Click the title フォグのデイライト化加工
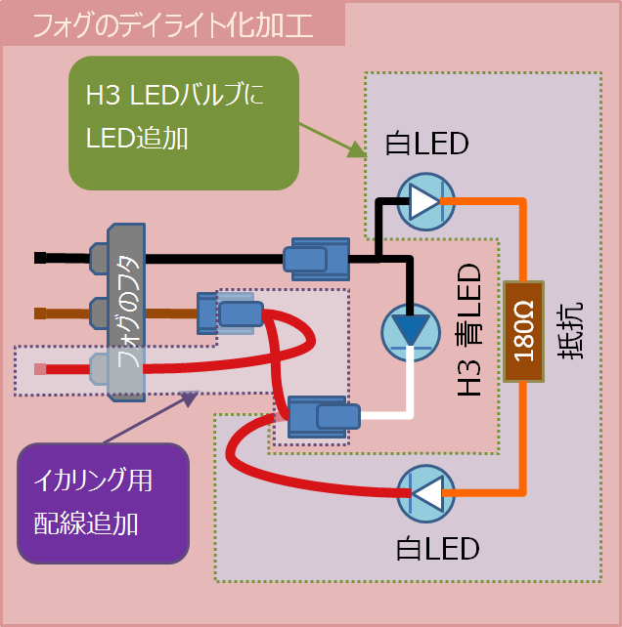[173, 24]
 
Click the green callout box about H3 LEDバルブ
[183, 122]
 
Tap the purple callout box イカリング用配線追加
[104, 502]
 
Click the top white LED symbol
[423, 202]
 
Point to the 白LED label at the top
[427, 145]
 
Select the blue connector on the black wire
[315, 259]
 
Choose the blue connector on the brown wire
[233, 313]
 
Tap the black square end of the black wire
[40, 258]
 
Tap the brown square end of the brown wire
[40, 313]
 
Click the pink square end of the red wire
[40, 369]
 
